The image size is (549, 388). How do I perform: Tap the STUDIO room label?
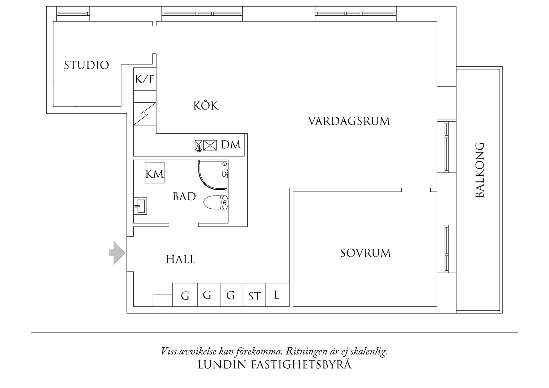pyautogui.click(x=86, y=65)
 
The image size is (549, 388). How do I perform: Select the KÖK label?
pyautogui.click(x=206, y=106)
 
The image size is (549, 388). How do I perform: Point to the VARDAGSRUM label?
pyautogui.click(x=349, y=121)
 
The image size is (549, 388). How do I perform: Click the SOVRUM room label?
pyautogui.click(x=366, y=253)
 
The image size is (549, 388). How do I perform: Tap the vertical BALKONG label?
pyautogui.click(x=480, y=170)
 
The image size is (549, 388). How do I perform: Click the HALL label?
pyautogui.click(x=181, y=259)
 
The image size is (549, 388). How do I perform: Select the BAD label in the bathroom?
pyautogui.click(x=184, y=197)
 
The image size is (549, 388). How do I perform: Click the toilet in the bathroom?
pyautogui.click(x=216, y=203)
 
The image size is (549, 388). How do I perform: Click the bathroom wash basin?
pyautogui.click(x=140, y=206)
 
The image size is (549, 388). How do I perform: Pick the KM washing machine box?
pyautogui.click(x=155, y=173)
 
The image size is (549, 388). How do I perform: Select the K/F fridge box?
pyautogui.click(x=145, y=79)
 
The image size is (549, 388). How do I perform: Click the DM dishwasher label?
pyautogui.click(x=231, y=145)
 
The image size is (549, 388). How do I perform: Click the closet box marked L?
pyautogui.click(x=277, y=295)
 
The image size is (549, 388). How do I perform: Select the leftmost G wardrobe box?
pyautogui.click(x=185, y=295)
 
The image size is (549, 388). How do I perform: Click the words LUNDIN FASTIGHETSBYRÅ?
pyautogui.click(x=274, y=365)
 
